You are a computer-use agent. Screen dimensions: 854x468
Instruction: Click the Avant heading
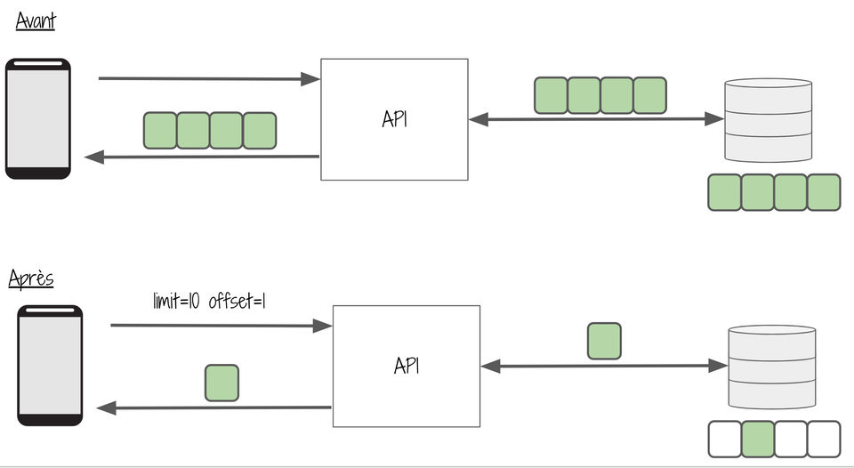point(36,20)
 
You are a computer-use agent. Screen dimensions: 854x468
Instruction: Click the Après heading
point(31,278)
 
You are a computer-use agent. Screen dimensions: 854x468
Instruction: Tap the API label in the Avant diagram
point(395,118)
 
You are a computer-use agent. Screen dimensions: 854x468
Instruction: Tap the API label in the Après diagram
point(407,366)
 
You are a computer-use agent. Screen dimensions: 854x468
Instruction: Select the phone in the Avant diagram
point(38,118)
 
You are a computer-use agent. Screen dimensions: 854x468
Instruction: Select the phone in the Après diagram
point(50,366)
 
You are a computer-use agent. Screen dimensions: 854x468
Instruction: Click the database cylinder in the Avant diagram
point(769,120)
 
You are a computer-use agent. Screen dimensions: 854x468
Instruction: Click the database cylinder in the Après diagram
point(772,367)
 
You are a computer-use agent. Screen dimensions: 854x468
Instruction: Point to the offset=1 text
point(237,301)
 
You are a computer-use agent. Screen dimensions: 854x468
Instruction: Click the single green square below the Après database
point(758,440)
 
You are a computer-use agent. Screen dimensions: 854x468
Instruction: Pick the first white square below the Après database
point(725,440)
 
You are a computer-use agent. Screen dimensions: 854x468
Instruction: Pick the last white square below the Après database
point(824,440)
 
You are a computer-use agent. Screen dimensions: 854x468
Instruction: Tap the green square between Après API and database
point(604,341)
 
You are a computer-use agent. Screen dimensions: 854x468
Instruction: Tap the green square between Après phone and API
point(222,383)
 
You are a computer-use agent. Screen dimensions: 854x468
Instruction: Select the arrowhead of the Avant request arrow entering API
point(310,79)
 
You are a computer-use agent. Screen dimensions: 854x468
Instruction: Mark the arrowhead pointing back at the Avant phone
point(94,157)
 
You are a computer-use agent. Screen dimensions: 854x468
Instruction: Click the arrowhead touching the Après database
point(718,366)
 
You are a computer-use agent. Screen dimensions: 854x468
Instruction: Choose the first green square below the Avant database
point(725,192)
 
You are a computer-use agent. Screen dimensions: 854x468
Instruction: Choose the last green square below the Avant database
point(824,192)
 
